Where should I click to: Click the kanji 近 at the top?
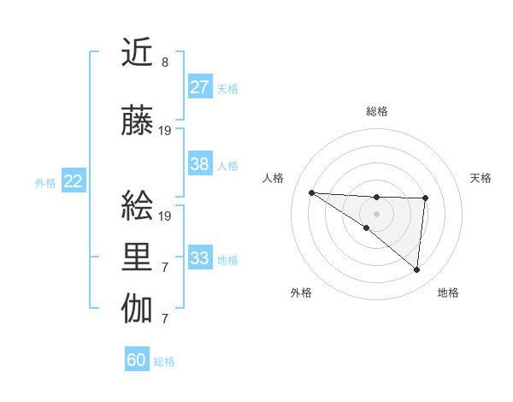click(x=138, y=53)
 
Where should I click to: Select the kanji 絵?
click(x=138, y=208)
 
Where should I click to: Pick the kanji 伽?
click(x=138, y=309)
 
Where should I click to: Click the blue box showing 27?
click(x=200, y=87)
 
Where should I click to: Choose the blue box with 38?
click(x=200, y=164)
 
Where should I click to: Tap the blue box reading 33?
click(x=200, y=258)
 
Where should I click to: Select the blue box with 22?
click(x=74, y=180)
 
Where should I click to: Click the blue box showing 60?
click(x=137, y=360)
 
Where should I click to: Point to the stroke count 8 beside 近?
click(x=165, y=62)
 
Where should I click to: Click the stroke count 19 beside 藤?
click(x=165, y=131)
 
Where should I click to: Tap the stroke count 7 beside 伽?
click(x=165, y=319)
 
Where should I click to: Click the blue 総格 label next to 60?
click(x=164, y=362)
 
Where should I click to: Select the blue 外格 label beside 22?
click(x=45, y=182)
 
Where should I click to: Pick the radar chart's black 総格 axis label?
click(x=376, y=111)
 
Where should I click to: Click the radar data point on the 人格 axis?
click(x=311, y=192)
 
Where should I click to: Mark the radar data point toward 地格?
click(x=416, y=269)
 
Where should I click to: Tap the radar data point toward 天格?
click(x=425, y=198)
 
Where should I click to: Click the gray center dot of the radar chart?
click(x=376, y=213)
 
